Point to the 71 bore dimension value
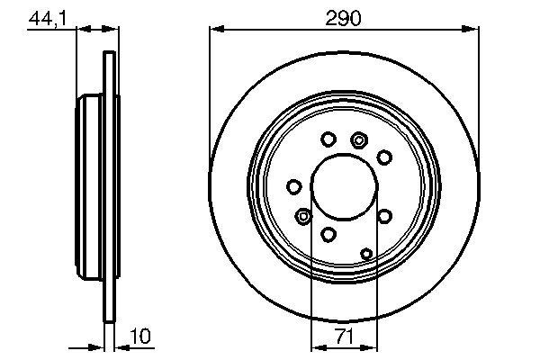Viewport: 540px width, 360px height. pos(343,340)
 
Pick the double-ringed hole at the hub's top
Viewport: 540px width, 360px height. pos(360,139)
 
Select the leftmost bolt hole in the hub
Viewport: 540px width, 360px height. pos(293,186)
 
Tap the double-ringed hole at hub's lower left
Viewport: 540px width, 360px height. pos(303,216)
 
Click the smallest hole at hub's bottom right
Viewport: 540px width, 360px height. pos(366,254)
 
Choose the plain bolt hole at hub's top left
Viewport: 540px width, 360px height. pos(328,139)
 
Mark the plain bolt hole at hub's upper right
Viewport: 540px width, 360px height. pos(384,157)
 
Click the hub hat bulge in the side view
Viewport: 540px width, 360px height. pos(90,189)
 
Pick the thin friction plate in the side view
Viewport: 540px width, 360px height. pos(111,189)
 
